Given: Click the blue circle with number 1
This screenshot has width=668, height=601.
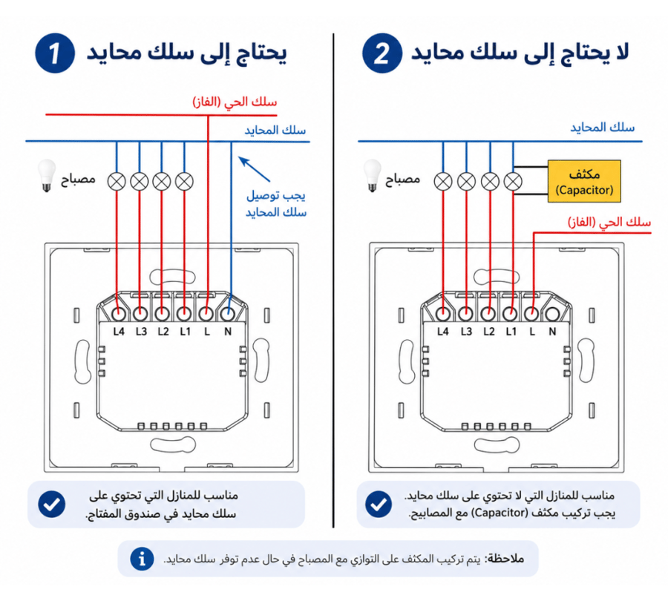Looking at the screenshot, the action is (x=54, y=53).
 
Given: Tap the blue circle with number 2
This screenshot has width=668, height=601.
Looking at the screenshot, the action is (x=382, y=53).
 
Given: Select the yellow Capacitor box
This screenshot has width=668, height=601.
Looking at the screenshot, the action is (x=584, y=181).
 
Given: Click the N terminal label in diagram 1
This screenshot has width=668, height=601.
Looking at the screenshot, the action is (x=228, y=332).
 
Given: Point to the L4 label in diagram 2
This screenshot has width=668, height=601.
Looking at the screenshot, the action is (x=443, y=332).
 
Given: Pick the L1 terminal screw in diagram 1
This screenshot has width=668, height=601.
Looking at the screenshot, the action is (x=184, y=315).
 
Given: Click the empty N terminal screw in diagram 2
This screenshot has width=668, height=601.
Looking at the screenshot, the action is (x=552, y=315).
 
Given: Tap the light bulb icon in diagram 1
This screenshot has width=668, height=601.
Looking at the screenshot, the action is (x=47, y=176).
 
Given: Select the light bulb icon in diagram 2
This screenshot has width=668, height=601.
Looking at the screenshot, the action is (x=372, y=176).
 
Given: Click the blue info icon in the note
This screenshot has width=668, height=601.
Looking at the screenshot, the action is (x=142, y=559).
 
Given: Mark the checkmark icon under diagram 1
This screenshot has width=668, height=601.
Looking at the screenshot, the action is (x=51, y=505).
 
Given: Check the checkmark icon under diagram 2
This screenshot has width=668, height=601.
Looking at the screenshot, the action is (x=379, y=505).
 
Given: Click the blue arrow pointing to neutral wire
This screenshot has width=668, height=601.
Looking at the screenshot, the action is (x=254, y=169).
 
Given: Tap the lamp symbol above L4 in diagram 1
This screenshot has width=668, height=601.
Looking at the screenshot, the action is (x=117, y=182).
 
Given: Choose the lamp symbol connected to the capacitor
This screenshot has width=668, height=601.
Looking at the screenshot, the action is (x=513, y=182).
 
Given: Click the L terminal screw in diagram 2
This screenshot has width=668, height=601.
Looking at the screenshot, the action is (x=531, y=315).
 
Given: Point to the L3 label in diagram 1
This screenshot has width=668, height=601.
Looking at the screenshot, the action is (x=141, y=332).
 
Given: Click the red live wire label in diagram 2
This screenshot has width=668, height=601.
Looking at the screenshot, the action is (x=609, y=222).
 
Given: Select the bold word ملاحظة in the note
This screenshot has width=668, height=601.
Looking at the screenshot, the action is (x=505, y=559).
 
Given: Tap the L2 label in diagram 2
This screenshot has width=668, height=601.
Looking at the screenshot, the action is (x=488, y=332).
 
